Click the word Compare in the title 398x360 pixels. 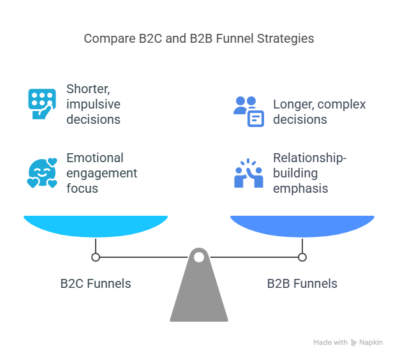point(110,39)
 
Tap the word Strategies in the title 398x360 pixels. point(285,39)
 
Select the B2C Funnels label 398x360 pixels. point(96,283)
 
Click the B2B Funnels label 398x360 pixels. point(302,283)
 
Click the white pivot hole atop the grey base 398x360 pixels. point(199,257)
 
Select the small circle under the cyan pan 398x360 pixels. point(96,257)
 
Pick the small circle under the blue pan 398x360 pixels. point(302,257)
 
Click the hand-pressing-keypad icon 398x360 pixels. point(42,103)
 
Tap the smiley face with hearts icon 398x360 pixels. point(42,173)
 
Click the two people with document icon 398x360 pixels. point(249,111)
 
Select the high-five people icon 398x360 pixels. point(249,173)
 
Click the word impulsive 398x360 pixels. point(93,105)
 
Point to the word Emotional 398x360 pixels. point(95,158)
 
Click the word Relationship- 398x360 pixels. point(310,158)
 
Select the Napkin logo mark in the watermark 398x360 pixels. point(353,343)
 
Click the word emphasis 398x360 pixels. point(300,188)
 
